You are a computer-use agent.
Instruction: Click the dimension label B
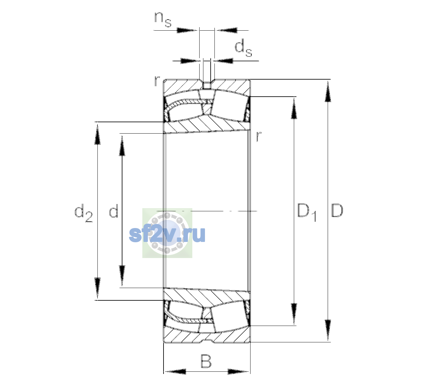tap(206, 361)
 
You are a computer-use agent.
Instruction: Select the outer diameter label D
tap(337, 210)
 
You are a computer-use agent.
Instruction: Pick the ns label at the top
tap(163, 19)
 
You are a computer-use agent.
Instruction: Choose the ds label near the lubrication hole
tap(243, 48)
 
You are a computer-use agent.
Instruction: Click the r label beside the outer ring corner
tap(157, 81)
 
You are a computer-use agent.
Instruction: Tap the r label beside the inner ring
tap(259, 136)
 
